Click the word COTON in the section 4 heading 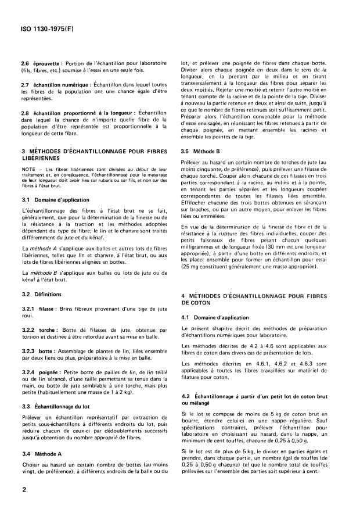(196, 303)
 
